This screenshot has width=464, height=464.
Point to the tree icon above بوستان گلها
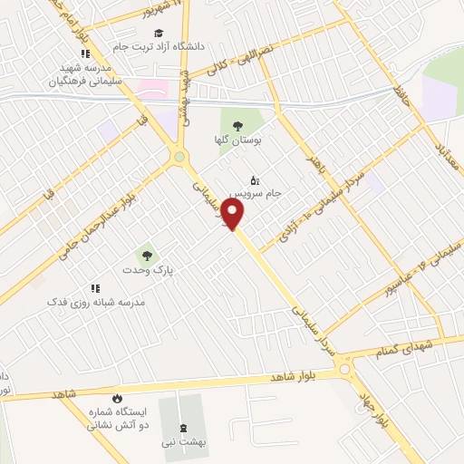238,127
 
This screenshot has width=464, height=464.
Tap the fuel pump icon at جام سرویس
254,179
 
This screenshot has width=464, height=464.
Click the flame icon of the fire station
116,399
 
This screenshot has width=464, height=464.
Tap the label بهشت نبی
185,443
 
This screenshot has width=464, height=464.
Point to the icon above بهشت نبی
184,428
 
